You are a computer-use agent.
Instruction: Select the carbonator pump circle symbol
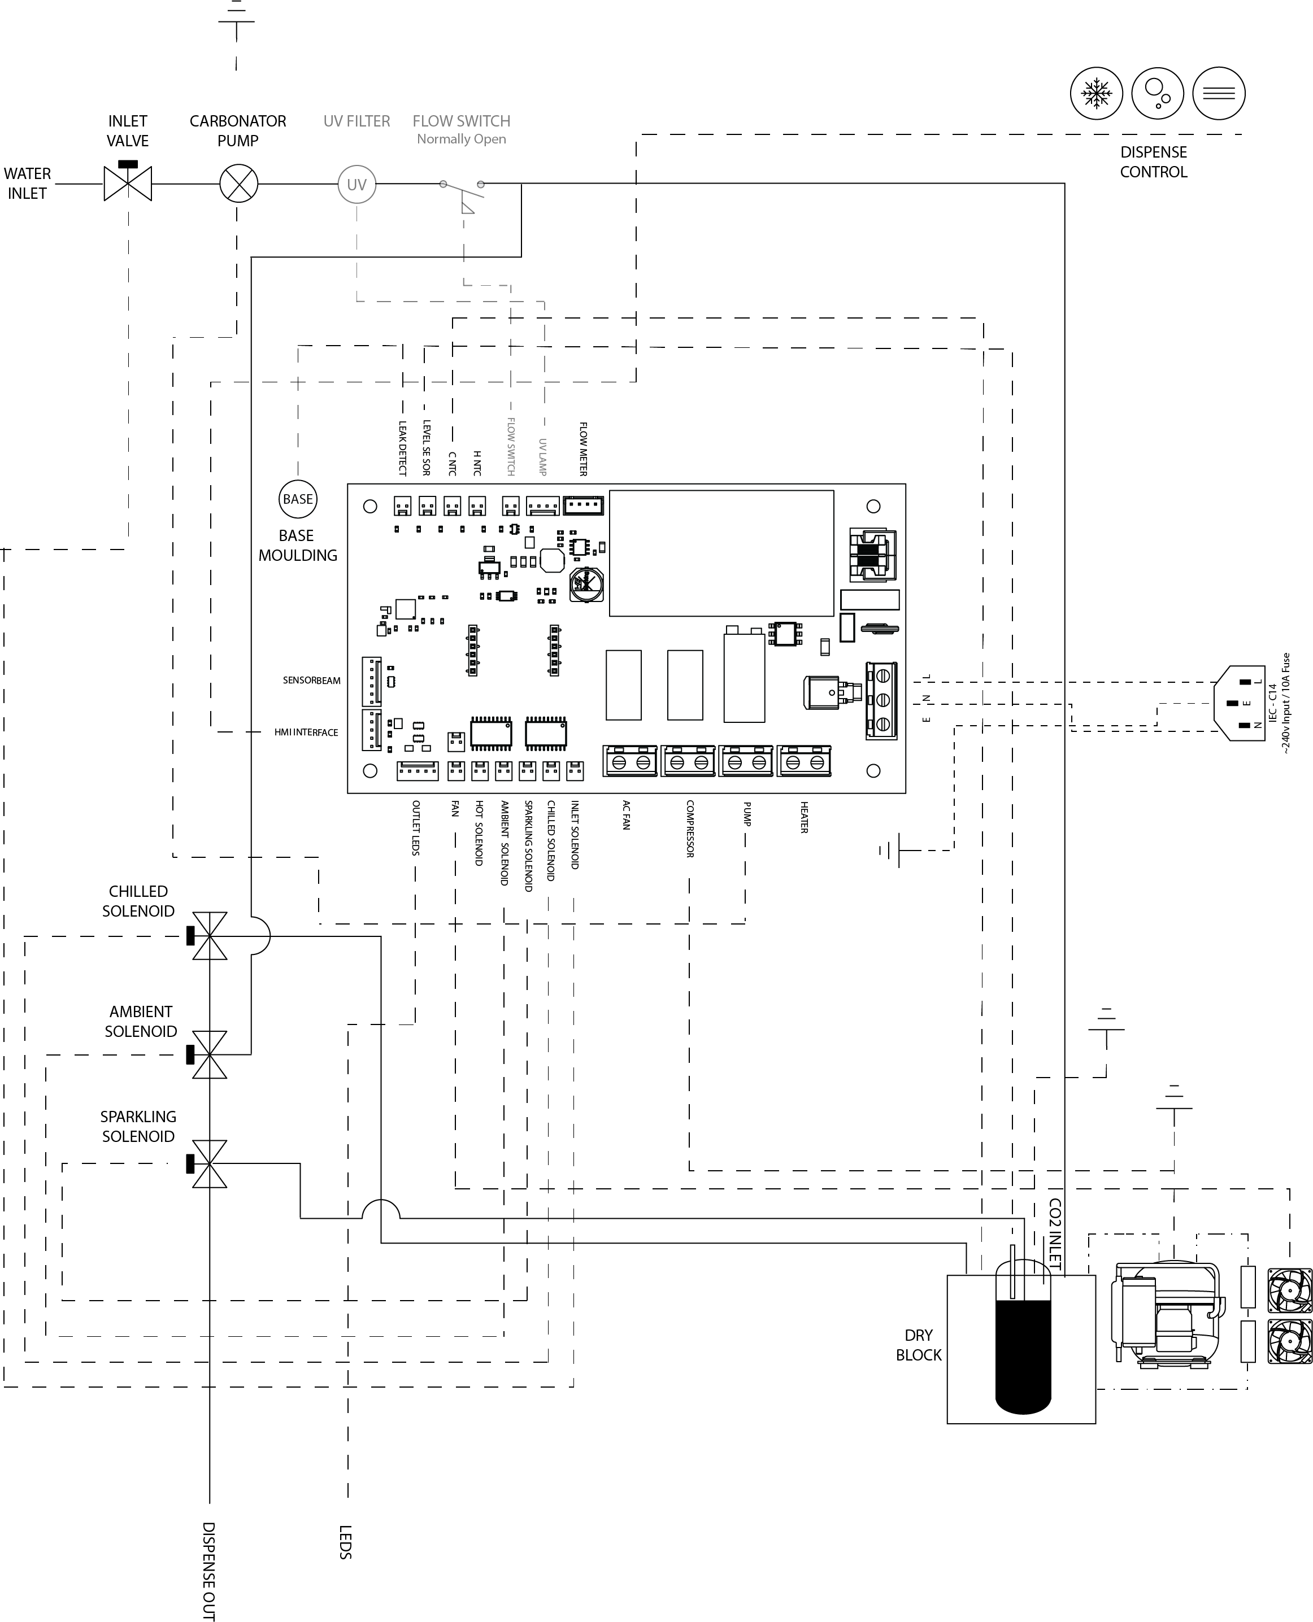238,184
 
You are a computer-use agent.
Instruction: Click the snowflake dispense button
1097,94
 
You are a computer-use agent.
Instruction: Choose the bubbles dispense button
1157,94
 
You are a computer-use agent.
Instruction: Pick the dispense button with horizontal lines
1219,94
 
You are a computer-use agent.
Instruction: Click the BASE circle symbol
298,499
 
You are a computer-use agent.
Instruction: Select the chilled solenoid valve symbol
208,936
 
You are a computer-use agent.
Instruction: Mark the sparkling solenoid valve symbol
208,1164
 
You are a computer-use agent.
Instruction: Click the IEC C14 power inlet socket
1240,703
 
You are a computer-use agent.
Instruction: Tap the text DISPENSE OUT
208,1571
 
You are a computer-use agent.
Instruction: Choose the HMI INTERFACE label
306,732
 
